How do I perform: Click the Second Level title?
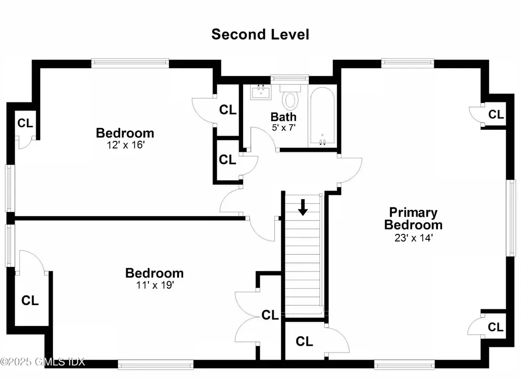click(260, 34)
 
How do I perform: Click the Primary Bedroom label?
click(413, 219)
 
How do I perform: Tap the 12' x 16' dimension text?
click(125, 145)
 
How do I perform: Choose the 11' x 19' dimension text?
click(154, 285)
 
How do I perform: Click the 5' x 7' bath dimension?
click(283, 127)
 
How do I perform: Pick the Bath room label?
click(283, 117)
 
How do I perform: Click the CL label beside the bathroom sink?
click(227, 110)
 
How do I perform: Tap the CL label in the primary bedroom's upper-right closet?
click(496, 115)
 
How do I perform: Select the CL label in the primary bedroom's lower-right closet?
click(496, 326)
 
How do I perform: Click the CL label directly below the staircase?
click(304, 340)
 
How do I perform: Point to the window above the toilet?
click(289, 78)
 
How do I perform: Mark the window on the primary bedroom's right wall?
click(511, 218)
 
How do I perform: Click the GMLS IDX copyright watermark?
click(43, 362)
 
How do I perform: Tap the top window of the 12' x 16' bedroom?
click(130, 63)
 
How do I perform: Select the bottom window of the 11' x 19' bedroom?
click(156, 364)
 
